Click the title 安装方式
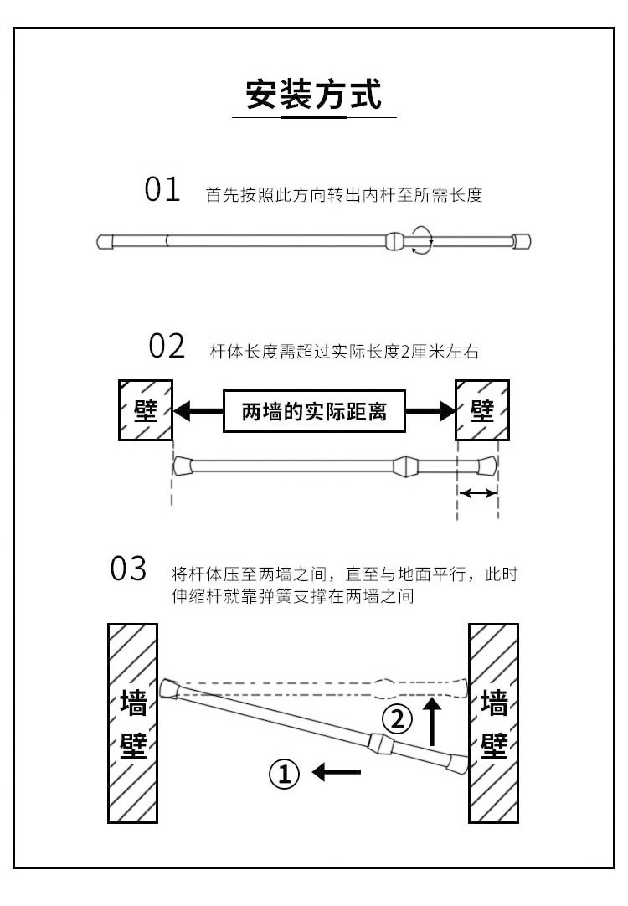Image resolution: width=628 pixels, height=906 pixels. click(313, 95)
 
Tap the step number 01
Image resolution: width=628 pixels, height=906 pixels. click(162, 191)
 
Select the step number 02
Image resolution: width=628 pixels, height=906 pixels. click(166, 345)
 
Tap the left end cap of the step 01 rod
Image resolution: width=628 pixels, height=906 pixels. click(106, 242)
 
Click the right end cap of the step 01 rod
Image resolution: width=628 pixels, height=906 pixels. click(522, 242)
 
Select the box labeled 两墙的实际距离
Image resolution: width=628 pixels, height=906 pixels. click(314, 411)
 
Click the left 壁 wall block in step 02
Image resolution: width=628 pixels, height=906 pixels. click(145, 410)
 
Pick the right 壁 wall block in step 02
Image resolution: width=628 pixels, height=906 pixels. click(481, 410)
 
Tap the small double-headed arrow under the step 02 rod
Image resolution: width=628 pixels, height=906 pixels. click(478, 494)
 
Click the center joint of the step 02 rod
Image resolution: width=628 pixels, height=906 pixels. click(404, 465)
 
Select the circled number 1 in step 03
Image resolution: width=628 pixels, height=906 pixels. click(284, 773)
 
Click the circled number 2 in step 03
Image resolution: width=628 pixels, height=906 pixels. click(398, 718)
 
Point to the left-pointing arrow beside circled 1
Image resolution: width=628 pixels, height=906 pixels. click(337, 772)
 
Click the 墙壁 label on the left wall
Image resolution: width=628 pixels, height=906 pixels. click(133, 723)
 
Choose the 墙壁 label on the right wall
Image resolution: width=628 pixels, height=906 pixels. click(494, 723)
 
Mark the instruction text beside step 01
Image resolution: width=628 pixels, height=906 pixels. click(343, 195)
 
